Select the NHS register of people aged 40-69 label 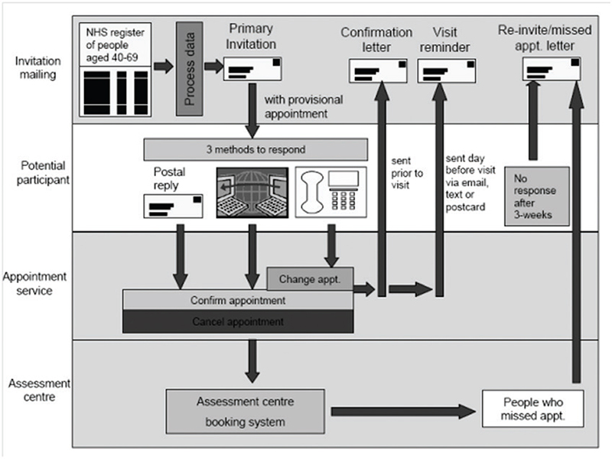[x=114, y=44]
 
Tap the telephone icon [x=329, y=191]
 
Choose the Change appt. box [x=309, y=279]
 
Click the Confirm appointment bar [x=238, y=300]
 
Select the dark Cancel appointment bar [x=238, y=321]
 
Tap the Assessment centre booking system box [x=240, y=411]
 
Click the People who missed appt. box [x=532, y=409]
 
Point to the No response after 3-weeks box [x=537, y=195]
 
